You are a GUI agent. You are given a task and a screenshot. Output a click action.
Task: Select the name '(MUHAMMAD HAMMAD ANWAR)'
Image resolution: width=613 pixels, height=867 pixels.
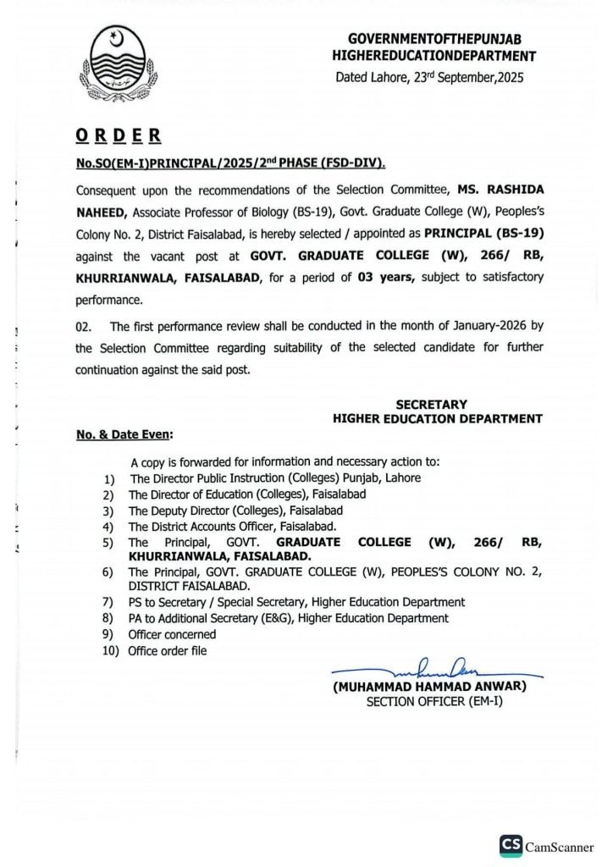[x=429, y=687]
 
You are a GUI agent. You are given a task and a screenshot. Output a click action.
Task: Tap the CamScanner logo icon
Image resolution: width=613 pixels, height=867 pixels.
[x=510, y=846]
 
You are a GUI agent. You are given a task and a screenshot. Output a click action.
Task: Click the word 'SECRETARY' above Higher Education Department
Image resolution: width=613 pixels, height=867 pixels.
[x=431, y=404]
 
